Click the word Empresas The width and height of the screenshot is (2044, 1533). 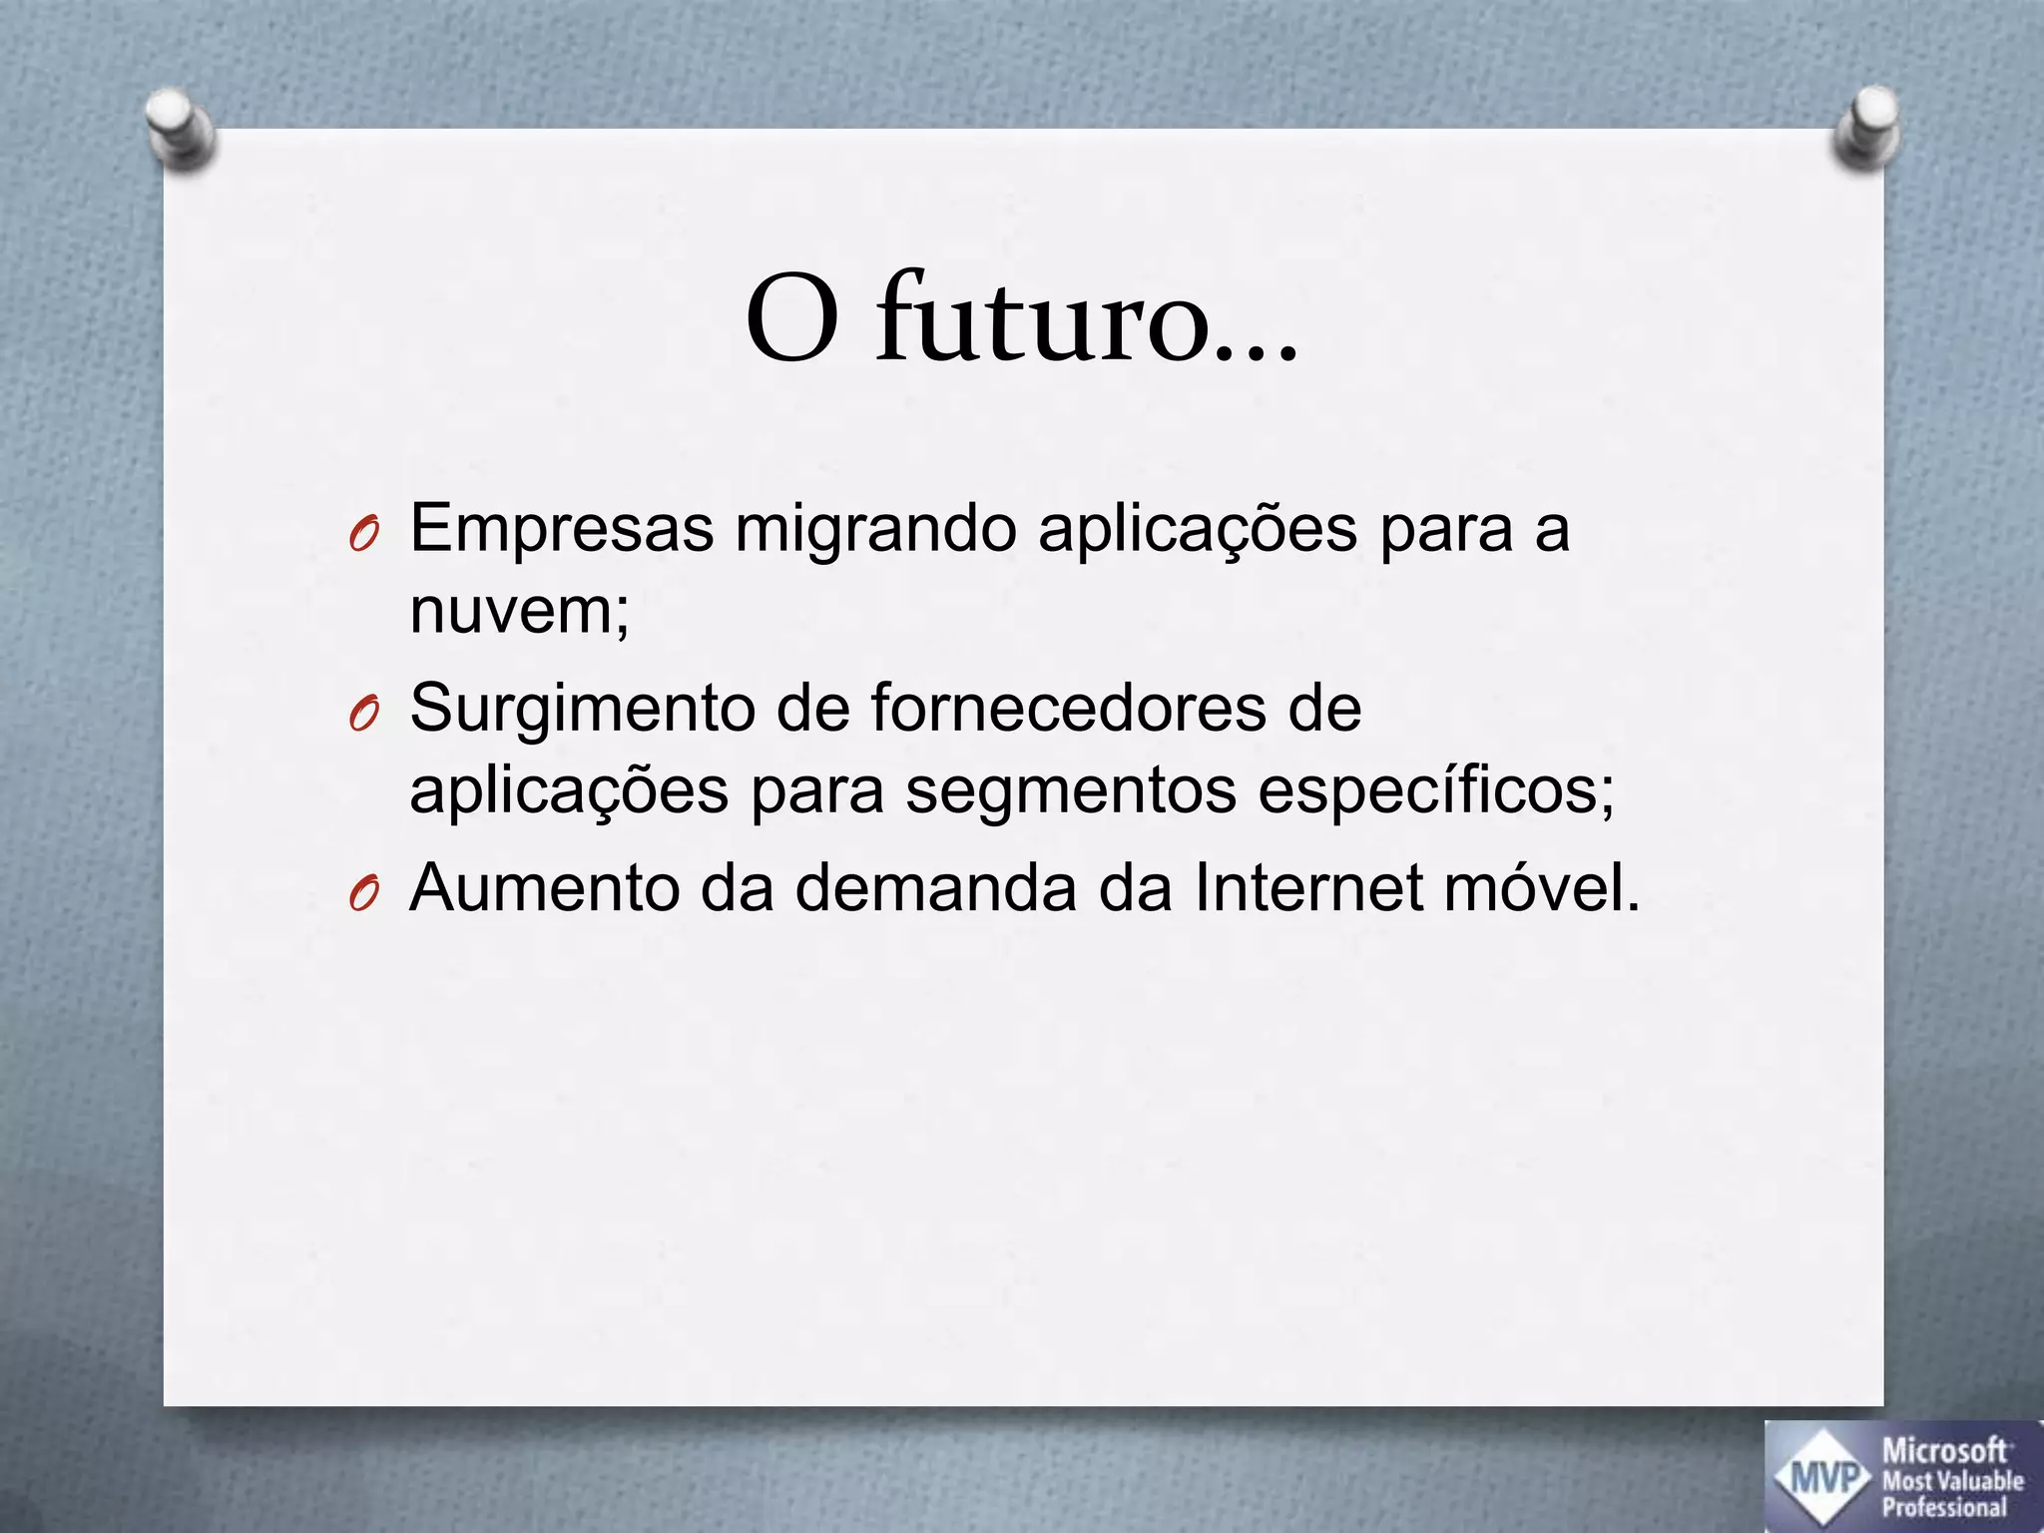pyautogui.click(x=562, y=530)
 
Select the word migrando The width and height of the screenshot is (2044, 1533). pyautogui.click(x=875, y=530)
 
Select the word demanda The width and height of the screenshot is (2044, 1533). pyautogui.click(x=935, y=887)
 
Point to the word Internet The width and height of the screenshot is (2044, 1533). pyautogui.click(x=1308, y=887)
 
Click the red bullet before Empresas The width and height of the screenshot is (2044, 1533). pyautogui.click(x=362, y=537)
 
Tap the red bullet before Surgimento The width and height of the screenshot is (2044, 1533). pyautogui.click(x=362, y=715)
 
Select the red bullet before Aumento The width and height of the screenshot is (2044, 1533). pyautogui.click(x=362, y=894)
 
